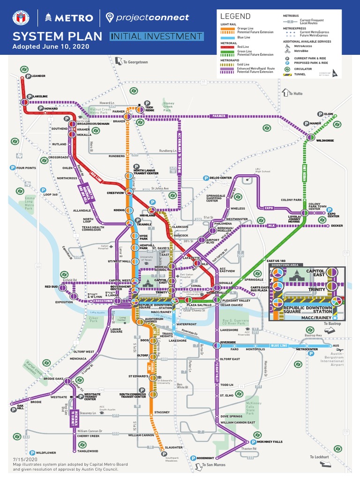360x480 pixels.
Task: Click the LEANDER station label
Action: click(38, 75)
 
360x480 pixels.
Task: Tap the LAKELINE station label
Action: click(41, 97)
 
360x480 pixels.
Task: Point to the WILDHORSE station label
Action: click(325, 140)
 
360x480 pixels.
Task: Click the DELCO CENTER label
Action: click(220, 178)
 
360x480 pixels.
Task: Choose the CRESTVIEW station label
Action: click(115, 193)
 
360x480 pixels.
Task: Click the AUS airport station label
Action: click(335, 346)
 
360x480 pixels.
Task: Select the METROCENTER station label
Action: click(307, 349)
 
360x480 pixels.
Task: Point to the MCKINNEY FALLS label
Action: click(270, 442)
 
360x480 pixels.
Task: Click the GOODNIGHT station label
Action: click(206, 458)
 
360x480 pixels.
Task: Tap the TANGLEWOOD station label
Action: click(88, 451)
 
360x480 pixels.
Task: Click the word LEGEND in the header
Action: click(232, 16)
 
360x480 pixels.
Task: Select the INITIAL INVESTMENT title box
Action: click(157, 37)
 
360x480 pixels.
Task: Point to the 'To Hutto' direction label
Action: click(295, 93)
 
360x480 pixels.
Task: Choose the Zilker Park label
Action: click(94, 319)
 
